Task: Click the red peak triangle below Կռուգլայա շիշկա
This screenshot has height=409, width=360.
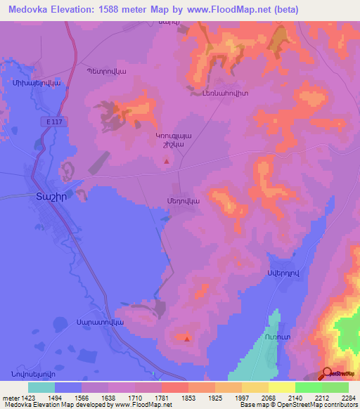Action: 167,161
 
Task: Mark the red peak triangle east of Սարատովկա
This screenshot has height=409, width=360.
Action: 187,339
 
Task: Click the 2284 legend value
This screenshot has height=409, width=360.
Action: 340,396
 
